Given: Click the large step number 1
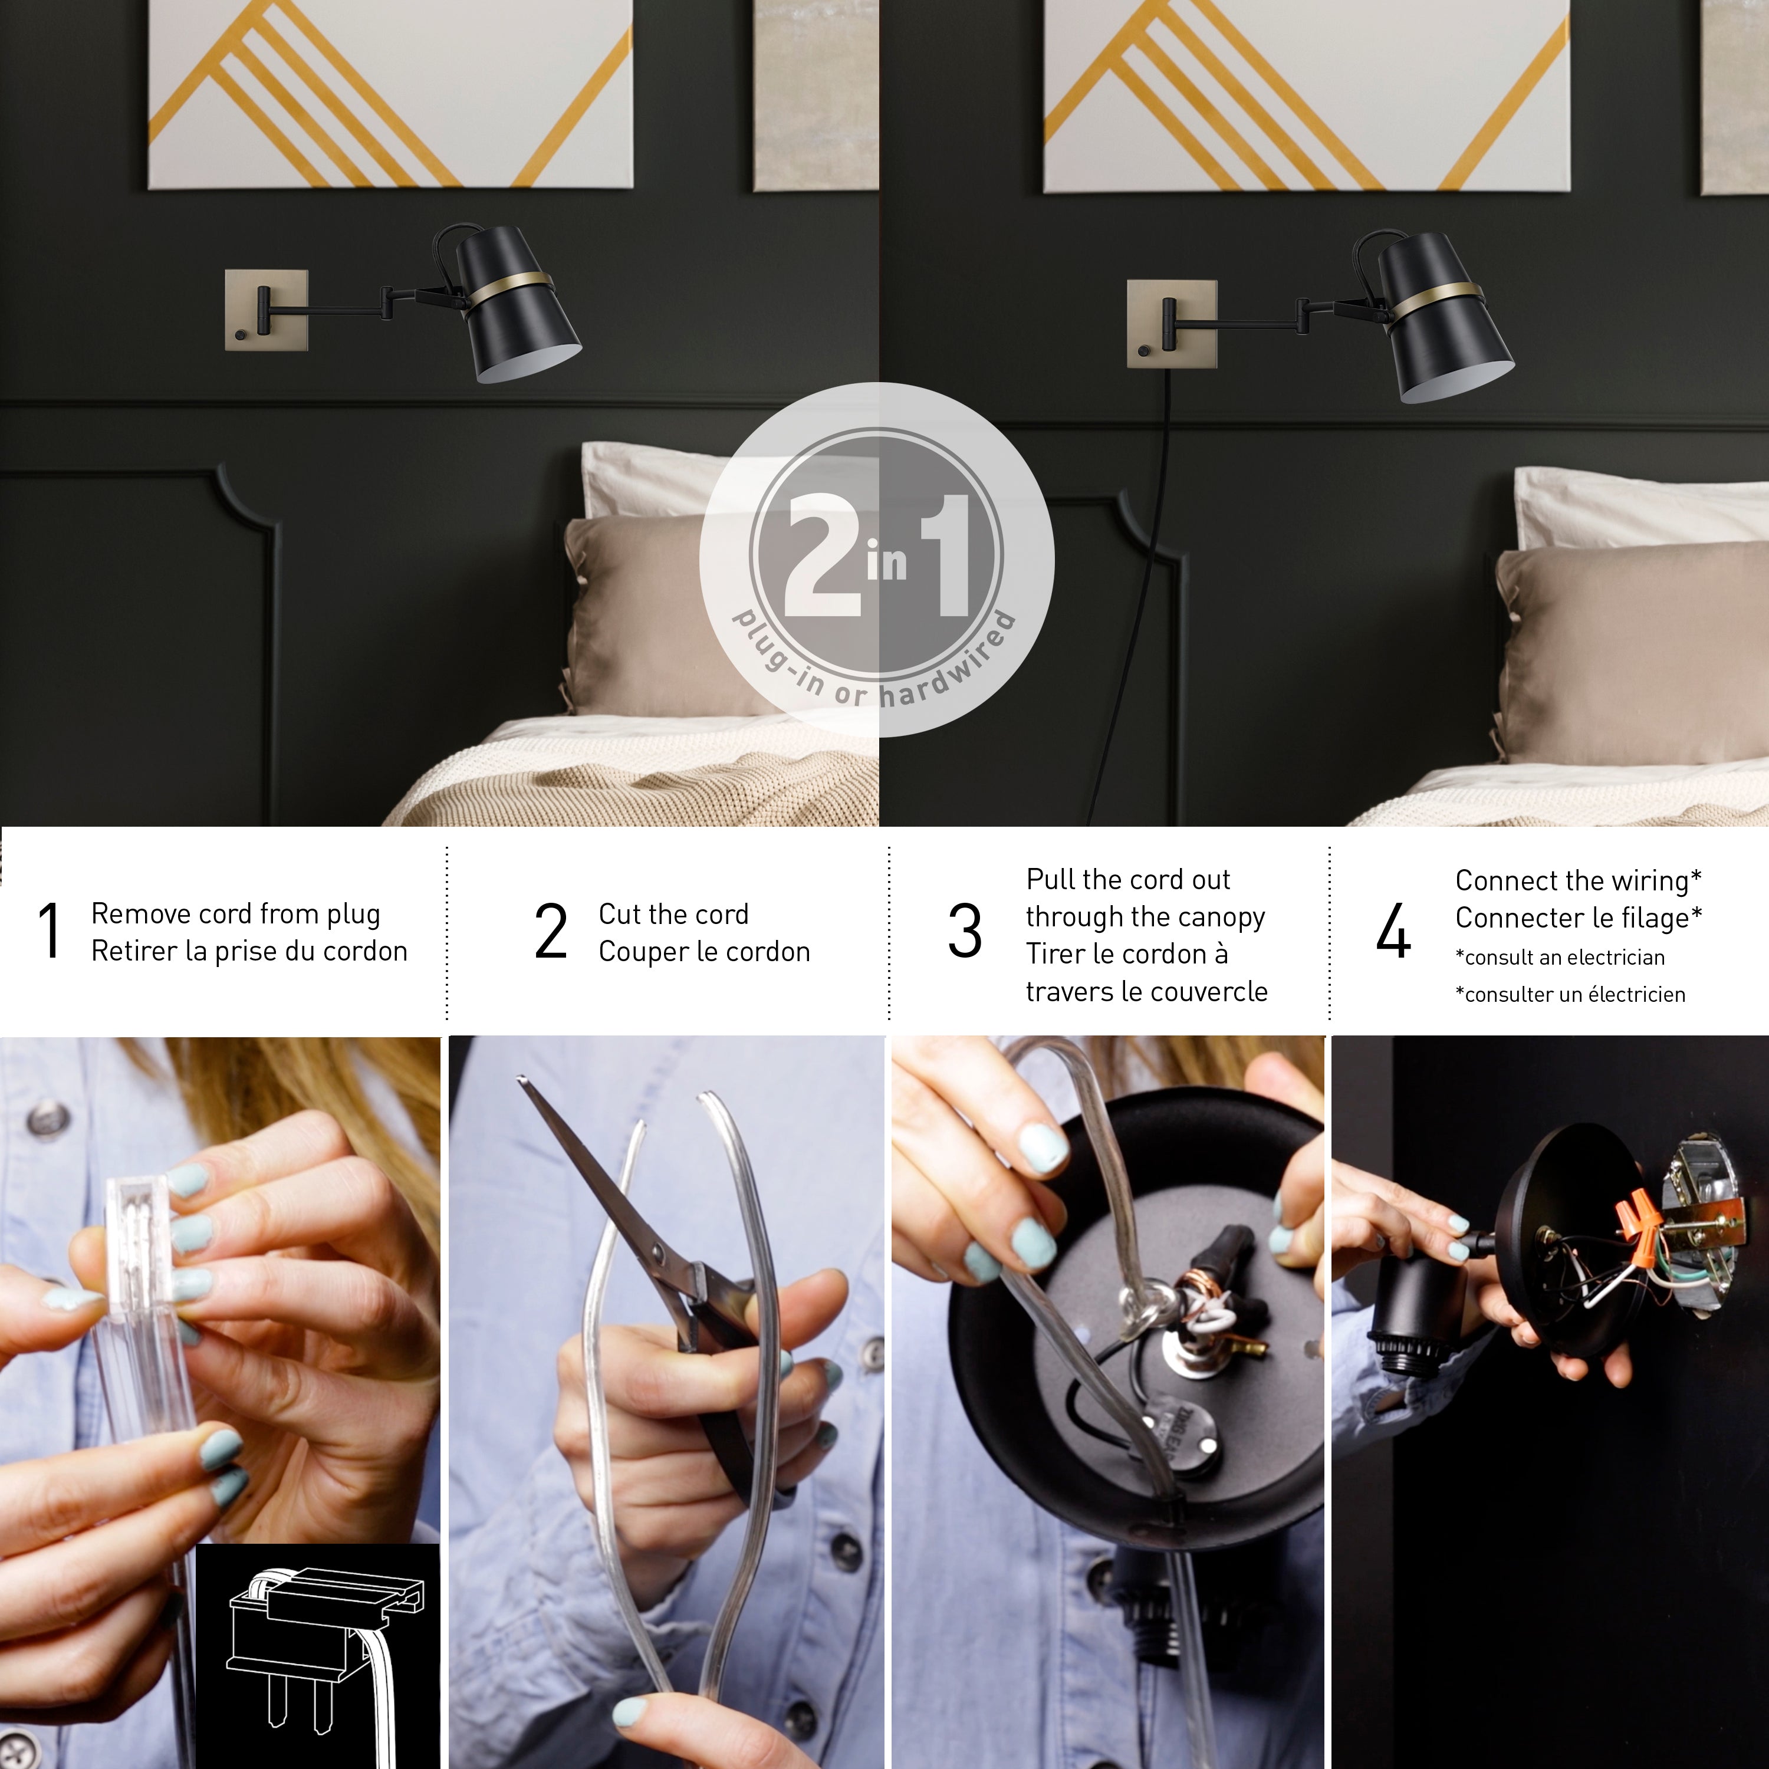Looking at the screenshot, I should (50, 931).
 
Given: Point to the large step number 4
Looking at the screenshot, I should (1393, 931).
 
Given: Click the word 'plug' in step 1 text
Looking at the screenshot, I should (353, 915).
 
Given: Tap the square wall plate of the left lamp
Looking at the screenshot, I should (265, 310).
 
